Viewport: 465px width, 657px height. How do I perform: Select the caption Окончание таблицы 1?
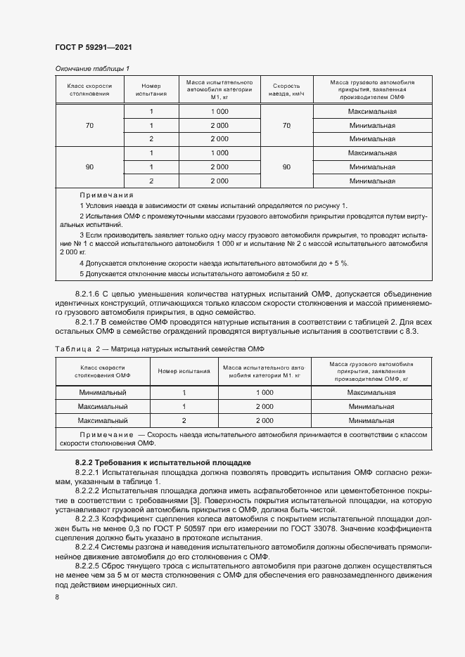click(92, 68)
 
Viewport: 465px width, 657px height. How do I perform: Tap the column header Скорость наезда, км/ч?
click(286, 89)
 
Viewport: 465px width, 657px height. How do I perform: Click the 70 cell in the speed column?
click(286, 125)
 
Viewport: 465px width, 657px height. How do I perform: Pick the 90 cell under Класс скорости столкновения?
click(89, 167)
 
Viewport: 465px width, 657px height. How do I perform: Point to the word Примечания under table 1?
click(106, 195)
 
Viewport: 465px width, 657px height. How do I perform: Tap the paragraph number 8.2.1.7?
click(90, 322)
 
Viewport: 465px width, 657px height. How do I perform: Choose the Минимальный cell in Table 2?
click(103, 393)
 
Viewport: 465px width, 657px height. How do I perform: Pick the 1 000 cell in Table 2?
click(265, 393)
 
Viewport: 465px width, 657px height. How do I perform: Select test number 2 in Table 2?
click(184, 420)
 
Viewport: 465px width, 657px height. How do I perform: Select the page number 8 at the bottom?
click(57, 597)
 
